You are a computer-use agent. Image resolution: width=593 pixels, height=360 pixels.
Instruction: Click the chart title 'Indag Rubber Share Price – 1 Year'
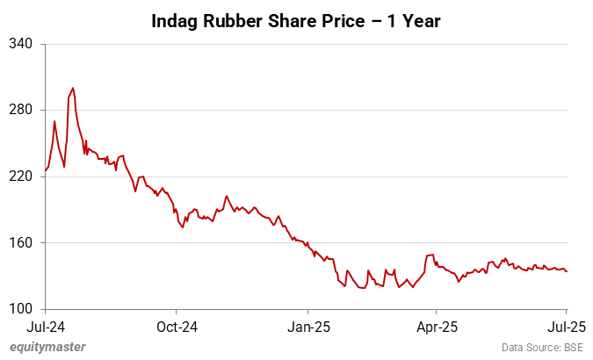[296, 18]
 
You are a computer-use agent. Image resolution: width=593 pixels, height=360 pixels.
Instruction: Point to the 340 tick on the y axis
[20, 43]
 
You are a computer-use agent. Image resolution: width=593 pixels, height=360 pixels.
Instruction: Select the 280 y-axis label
[20, 110]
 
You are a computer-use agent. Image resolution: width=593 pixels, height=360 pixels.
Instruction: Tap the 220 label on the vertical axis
[20, 176]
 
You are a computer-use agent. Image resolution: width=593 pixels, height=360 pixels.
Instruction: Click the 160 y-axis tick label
[20, 243]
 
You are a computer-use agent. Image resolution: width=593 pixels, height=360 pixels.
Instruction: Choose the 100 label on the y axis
[20, 309]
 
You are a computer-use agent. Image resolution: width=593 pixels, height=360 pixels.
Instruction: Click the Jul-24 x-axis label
[45, 327]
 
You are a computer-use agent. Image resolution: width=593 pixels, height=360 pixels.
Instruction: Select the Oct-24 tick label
[176, 327]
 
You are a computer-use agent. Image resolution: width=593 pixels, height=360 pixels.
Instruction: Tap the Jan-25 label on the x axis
[308, 327]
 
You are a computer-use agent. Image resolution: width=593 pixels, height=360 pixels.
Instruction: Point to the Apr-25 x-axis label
[437, 327]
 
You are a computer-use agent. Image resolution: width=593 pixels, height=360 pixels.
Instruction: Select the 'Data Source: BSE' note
[543, 348]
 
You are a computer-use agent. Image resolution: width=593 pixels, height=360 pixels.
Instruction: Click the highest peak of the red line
[73, 88]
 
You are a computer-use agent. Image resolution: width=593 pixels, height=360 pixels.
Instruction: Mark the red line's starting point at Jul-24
[45, 170]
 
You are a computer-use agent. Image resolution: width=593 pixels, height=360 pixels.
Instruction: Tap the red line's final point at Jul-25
[567, 271]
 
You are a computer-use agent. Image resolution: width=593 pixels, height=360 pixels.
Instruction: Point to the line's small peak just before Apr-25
[431, 255]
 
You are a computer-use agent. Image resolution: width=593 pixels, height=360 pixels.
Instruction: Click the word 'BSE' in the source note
[573, 348]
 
